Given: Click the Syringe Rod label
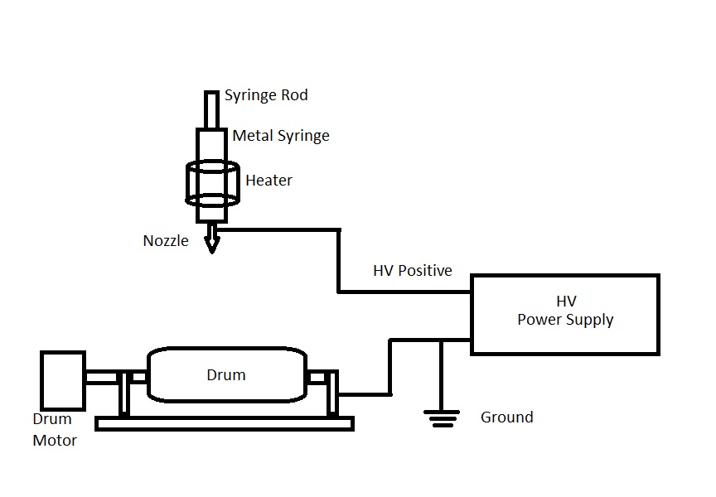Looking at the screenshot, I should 266,95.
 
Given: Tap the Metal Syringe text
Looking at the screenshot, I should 280,136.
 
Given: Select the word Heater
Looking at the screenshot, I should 268,180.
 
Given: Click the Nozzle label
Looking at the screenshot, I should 166,241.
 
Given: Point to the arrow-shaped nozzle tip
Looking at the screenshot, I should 212,243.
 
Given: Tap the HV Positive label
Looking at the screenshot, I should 413,271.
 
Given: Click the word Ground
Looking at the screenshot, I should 506,417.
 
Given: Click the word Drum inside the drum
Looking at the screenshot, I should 225,375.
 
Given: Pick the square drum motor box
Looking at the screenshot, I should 62,380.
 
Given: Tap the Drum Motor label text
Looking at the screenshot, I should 54,430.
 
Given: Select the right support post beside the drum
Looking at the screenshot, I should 331,393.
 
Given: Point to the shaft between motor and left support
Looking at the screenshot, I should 100,378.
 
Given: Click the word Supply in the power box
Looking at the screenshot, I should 589,320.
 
